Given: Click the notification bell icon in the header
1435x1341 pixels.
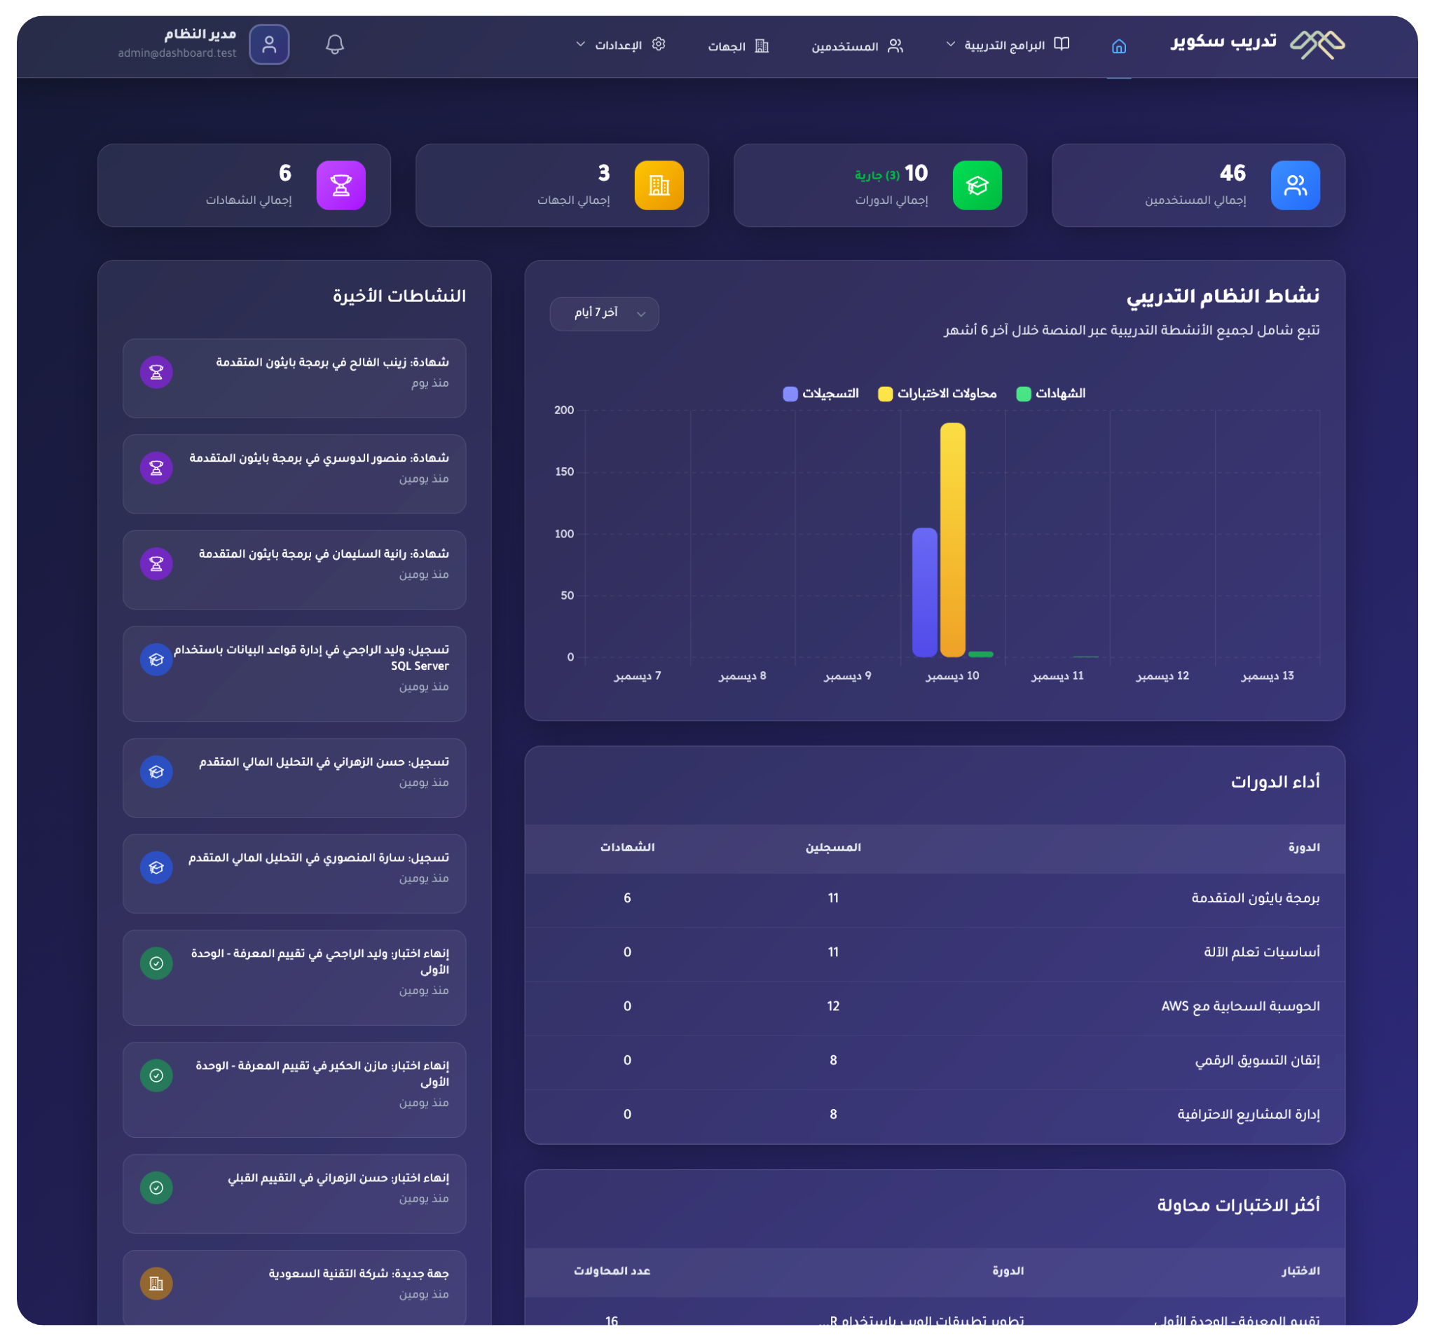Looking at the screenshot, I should click(334, 45).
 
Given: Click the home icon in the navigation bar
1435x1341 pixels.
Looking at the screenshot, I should click(1118, 46).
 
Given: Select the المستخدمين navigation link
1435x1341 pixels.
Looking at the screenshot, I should click(857, 46).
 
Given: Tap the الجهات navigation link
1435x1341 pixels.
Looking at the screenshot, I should click(738, 46).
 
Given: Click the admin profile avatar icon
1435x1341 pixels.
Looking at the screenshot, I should click(269, 45).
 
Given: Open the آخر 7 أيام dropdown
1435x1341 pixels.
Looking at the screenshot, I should click(604, 313).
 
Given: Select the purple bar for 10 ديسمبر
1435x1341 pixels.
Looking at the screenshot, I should click(925, 592).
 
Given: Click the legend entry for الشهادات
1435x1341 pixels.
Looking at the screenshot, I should click(1051, 393).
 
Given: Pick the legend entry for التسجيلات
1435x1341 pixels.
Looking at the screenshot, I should click(821, 393).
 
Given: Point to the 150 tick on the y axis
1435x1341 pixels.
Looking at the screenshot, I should click(565, 472).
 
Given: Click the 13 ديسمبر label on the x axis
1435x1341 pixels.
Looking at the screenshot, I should click(1267, 676).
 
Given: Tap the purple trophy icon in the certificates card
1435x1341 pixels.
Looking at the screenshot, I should click(341, 186).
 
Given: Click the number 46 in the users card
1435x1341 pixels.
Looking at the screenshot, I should click(1233, 173).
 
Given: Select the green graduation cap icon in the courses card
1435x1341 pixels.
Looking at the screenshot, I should click(977, 186).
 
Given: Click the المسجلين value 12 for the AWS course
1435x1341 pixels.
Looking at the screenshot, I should click(833, 1006).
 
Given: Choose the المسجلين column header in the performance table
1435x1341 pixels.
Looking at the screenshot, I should click(833, 847).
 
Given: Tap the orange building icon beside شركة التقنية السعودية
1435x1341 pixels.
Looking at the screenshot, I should click(156, 1284).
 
